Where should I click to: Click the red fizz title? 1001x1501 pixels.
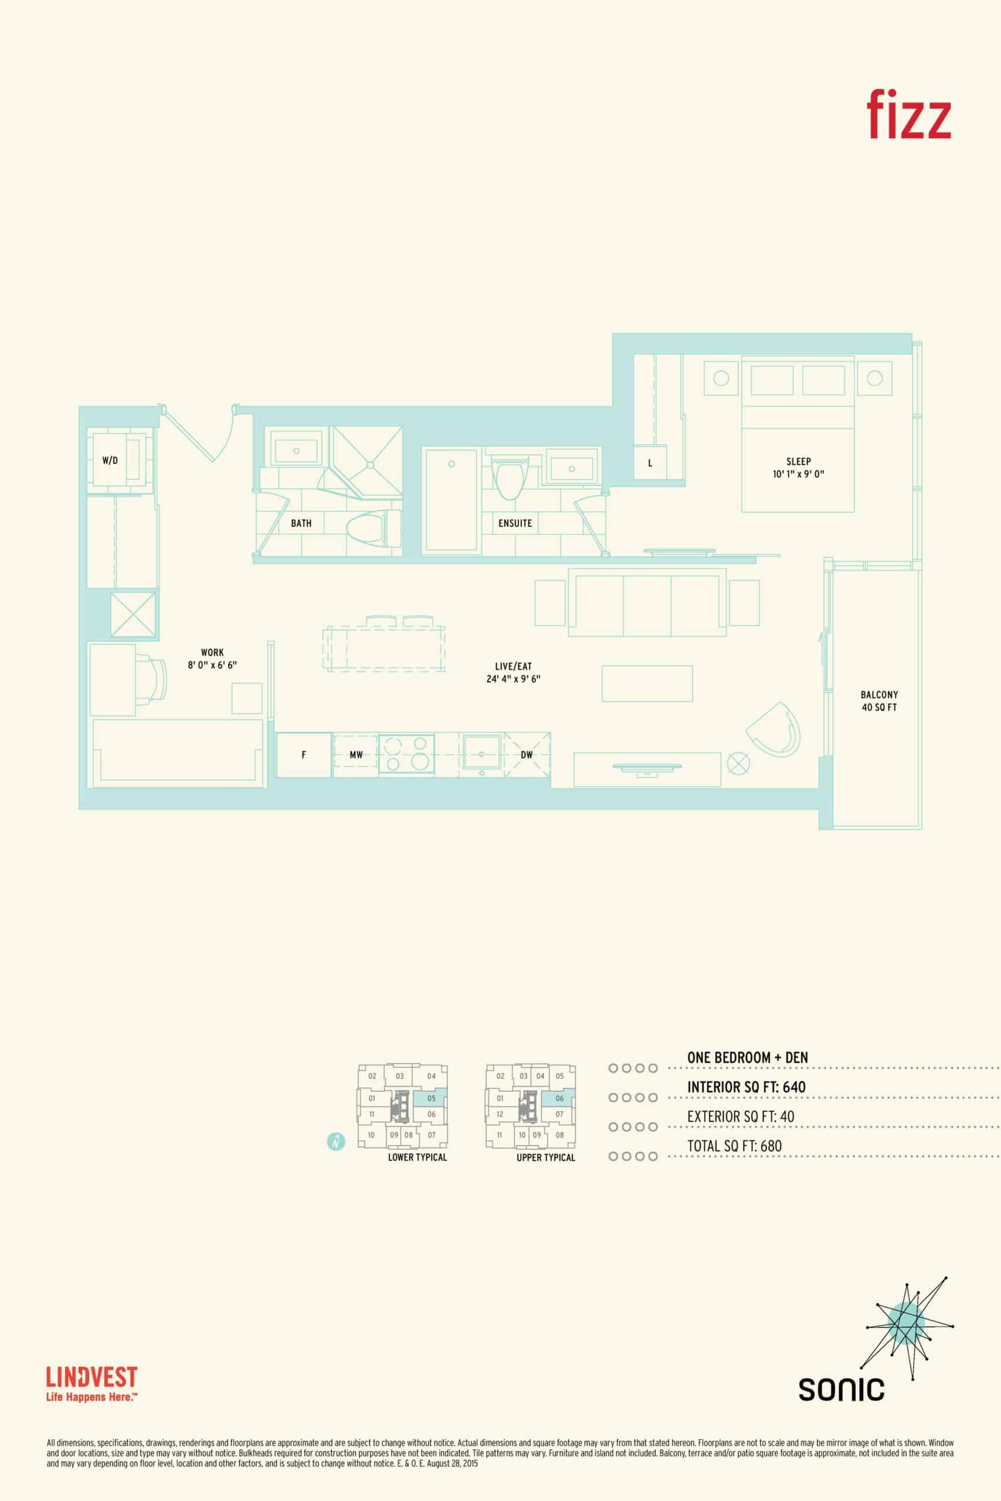coord(908,114)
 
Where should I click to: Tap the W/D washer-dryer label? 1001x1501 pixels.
coord(110,460)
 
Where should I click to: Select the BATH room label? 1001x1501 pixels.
coord(301,524)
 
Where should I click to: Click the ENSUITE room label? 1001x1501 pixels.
coord(515,524)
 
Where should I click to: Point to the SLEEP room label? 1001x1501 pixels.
coord(799,461)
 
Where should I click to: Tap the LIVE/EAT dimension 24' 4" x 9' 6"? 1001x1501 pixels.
coord(513,679)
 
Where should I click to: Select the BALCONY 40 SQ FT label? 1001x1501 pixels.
coord(879,701)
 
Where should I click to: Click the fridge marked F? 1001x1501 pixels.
coord(304,755)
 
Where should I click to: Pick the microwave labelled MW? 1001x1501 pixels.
coord(355,755)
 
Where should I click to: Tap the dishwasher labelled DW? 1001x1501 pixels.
coord(527,755)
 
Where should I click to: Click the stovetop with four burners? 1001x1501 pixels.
coord(406,755)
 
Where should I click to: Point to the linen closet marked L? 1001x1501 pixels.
coord(650,463)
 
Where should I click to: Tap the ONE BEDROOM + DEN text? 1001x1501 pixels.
coord(748,1058)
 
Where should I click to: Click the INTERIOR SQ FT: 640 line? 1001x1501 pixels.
coord(746,1087)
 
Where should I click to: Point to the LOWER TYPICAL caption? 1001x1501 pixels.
coord(418,1157)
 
